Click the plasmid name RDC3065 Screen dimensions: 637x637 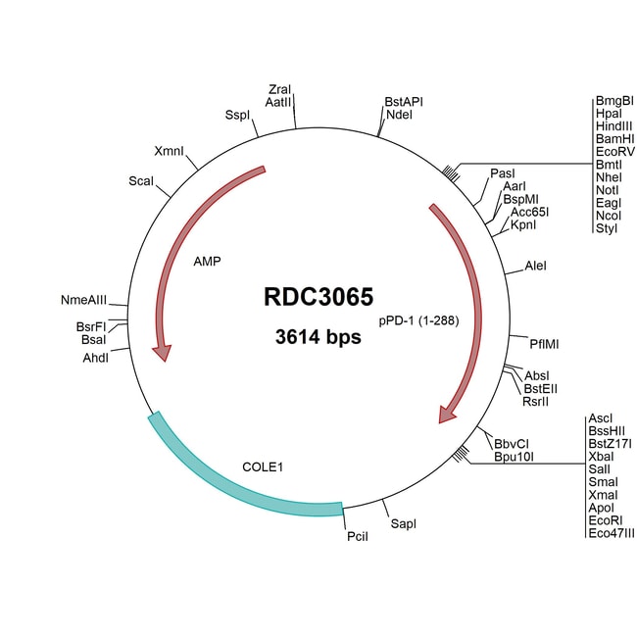[318, 297]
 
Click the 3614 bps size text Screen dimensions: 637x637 [318, 338]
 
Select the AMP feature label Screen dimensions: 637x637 [207, 262]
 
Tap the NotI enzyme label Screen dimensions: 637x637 [607, 190]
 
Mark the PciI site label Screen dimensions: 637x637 [357, 538]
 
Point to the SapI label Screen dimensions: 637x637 [404, 525]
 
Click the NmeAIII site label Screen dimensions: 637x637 [84, 299]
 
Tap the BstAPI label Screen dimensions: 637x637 [403, 101]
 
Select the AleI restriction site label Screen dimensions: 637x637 [536, 266]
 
